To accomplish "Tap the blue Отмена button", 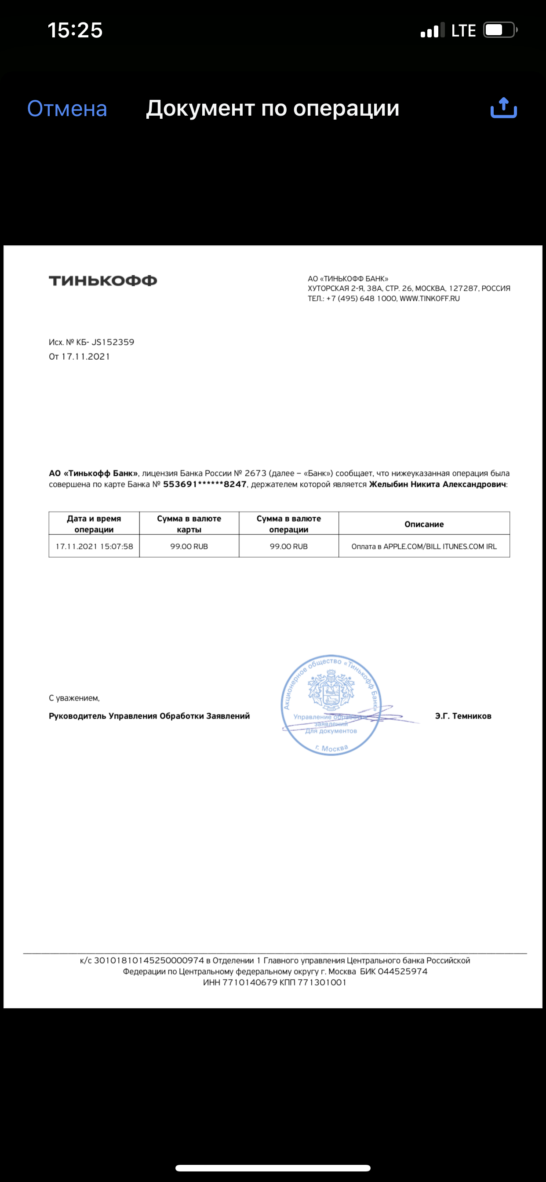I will pos(67,109).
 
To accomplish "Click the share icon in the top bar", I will pos(503,108).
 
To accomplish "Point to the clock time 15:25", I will pos(75,30).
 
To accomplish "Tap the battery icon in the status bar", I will pos(500,30).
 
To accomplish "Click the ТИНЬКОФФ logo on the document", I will pos(103,281).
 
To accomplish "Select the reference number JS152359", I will pos(113,342).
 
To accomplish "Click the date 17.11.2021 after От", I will pos(86,357).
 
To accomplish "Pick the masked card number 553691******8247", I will pos(204,484).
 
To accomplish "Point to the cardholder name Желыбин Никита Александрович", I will pos(437,484).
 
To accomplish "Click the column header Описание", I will pos(424,524).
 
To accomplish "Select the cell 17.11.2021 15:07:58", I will pos(94,546).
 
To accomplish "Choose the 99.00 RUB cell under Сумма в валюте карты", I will pos(189,546).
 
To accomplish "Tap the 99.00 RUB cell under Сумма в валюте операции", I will pos(288,546).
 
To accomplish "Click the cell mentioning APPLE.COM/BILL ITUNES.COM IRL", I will pos(424,546).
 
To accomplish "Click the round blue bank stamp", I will pos(331,704).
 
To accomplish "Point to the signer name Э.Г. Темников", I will pos(463,716).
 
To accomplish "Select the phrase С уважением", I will pos(74,698).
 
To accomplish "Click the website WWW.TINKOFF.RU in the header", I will pos(430,298).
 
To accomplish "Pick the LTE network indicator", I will pos(463,31).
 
